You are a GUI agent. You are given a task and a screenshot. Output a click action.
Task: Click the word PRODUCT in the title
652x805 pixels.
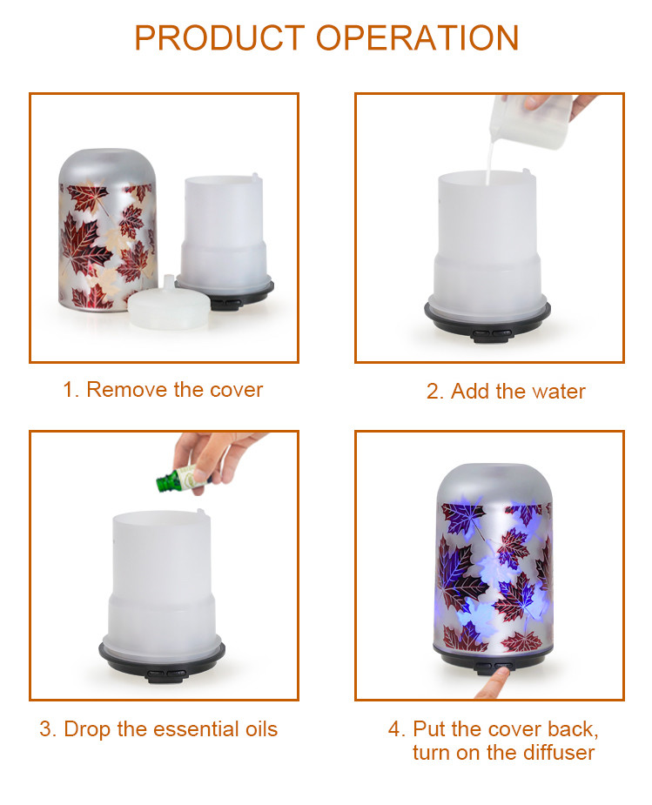click(219, 38)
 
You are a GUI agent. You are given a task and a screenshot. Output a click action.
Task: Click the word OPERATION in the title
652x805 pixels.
click(417, 38)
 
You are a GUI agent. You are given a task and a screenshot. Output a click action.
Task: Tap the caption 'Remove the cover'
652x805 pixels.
click(175, 390)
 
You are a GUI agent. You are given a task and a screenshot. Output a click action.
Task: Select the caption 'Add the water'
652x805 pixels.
click(518, 392)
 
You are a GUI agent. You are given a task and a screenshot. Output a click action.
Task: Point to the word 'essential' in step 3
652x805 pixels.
click(197, 729)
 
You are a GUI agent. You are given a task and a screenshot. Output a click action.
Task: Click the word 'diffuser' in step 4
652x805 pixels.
click(559, 753)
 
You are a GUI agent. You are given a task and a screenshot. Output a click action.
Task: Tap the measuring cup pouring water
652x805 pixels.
click(530, 121)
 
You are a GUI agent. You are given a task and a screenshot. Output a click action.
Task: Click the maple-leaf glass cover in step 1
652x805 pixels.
click(107, 230)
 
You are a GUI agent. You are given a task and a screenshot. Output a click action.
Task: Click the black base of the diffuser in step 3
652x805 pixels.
click(162, 659)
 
